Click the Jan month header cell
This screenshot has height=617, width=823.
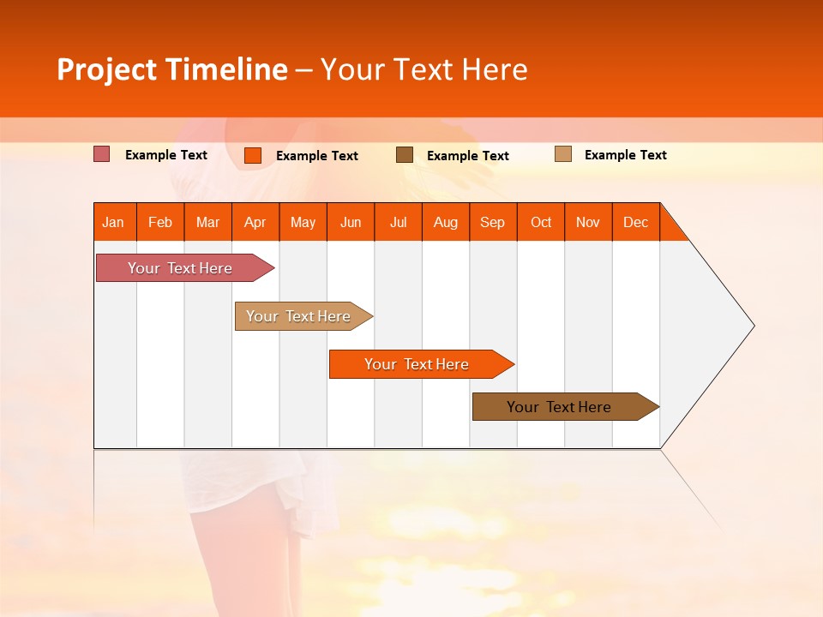tap(114, 222)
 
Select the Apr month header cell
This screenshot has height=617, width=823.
tap(255, 222)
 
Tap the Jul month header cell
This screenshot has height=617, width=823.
tap(398, 222)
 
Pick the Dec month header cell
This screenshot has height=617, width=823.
tap(635, 222)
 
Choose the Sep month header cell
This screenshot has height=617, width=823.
tap(493, 222)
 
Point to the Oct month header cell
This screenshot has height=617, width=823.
tap(541, 222)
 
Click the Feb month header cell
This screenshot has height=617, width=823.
tap(160, 222)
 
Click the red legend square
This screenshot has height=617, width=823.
tap(102, 154)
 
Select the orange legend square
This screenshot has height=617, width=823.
tap(253, 155)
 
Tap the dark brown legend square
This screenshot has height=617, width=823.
tap(405, 155)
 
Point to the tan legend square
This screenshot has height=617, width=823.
tap(562, 154)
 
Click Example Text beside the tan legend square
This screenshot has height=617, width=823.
tap(625, 155)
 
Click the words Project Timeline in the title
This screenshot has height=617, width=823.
tap(171, 69)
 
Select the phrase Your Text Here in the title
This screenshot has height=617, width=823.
tap(424, 69)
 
